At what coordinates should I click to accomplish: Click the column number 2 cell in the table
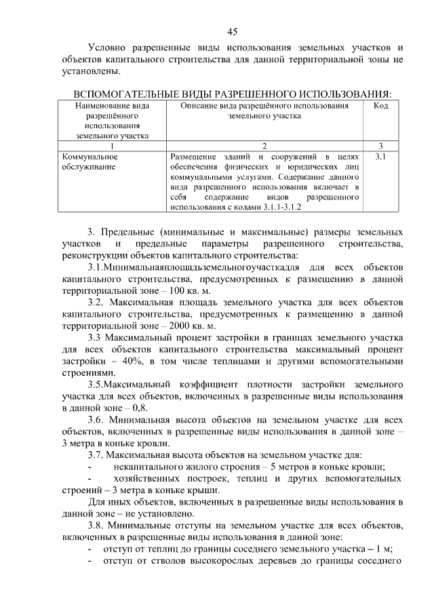point(264,145)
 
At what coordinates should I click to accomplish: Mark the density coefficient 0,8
point(140,408)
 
